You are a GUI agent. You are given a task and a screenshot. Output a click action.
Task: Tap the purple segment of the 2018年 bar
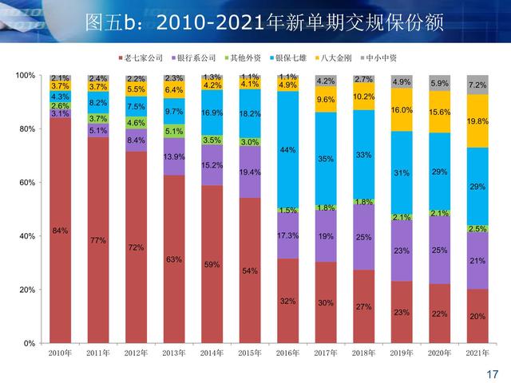[x=363, y=238]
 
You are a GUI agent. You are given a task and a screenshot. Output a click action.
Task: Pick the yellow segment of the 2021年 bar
[x=477, y=121]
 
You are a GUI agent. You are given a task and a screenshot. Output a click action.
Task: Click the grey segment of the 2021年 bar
[x=477, y=85]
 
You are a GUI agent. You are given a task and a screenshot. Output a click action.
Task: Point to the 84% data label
[x=60, y=231]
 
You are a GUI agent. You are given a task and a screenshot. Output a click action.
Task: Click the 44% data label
[x=288, y=150]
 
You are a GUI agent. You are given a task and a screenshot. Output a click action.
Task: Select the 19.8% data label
[x=477, y=121]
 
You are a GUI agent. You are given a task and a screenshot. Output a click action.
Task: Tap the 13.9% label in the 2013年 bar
[x=174, y=157]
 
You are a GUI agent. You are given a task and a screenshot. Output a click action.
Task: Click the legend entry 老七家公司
[x=145, y=58]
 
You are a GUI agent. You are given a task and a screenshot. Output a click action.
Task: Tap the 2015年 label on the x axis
[x=250, y=353]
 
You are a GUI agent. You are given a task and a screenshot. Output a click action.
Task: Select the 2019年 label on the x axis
[x=402, y=353]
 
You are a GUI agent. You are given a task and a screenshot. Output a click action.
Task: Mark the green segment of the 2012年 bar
[x=136, y=123]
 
